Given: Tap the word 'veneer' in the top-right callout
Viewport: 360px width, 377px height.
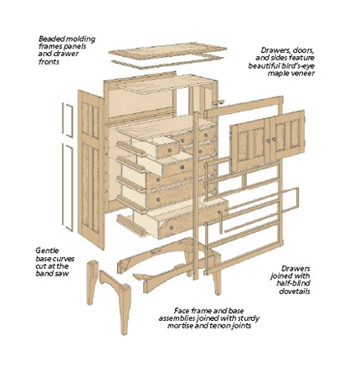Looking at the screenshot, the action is point(304,73).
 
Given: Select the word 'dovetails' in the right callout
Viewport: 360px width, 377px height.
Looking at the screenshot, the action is point(295,292).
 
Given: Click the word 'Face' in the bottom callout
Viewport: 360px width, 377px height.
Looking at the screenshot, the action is point(182,311).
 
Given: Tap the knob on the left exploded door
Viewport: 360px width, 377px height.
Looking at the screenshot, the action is point(268,141).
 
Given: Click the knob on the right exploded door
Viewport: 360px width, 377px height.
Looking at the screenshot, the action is point(274,139).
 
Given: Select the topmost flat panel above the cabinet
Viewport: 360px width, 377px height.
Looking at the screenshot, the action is point(167,51).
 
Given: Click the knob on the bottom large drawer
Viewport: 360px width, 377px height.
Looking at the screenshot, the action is point(172,228).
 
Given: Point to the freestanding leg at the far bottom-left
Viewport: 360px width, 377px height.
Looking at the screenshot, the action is point(92,282).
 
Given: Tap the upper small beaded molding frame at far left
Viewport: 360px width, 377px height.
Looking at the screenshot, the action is point(68,120).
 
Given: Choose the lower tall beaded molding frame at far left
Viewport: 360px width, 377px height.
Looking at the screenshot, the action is point(68,187).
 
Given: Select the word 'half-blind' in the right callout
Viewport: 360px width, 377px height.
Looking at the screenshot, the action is point(294,283).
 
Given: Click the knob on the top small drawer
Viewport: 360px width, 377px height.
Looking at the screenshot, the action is point(169,151).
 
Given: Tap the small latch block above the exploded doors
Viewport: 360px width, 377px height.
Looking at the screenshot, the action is point(219,102).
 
